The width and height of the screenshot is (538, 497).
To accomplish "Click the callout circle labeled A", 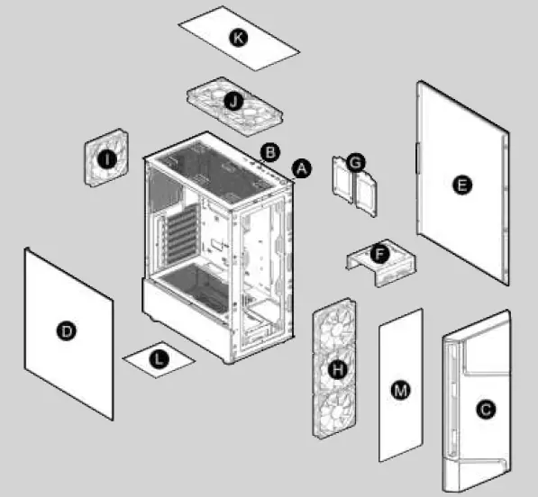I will tap(302, 167).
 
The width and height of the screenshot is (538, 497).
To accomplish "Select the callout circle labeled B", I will tap(269, 150).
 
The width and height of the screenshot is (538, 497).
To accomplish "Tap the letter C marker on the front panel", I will tap(486, 410).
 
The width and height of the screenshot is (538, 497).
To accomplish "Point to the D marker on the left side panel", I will tap(65, 332).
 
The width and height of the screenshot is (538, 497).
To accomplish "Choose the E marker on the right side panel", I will tap(461, 185).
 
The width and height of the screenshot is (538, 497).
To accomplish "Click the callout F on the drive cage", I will tap(380, 255).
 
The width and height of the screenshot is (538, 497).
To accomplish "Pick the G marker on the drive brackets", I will tap(355, 162).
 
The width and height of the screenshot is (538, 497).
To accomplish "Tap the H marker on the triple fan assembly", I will tap(338, 369).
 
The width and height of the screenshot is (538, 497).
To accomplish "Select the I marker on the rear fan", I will tap(108, 159).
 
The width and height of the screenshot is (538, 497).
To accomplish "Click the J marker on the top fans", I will tap(234, 102).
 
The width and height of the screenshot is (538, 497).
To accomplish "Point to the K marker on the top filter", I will tap(238, 37).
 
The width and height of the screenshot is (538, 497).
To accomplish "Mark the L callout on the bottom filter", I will tap(159, 359).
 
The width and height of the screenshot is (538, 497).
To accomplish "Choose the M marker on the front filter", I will tap(400, 389).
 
